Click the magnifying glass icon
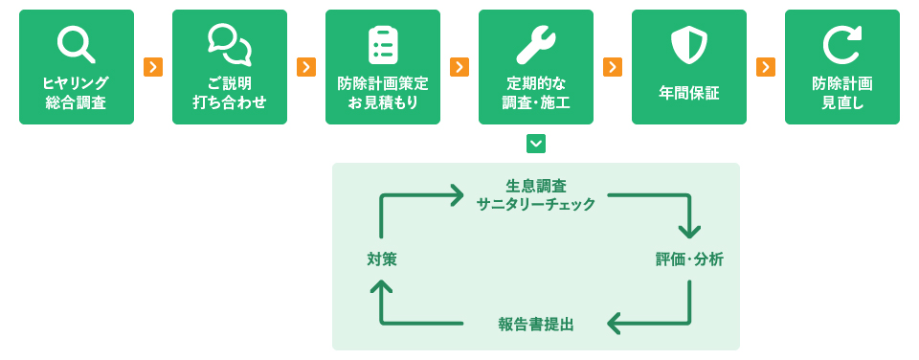pyautogui.click(x=76, y=44)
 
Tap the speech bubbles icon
pyautogui.click(x=229, y=44)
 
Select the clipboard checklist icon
pyautogui.click(x=383, y=44)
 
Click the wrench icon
pyautogui.click(x=535, y=44)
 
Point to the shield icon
pyautogui.click(x=688, y=44)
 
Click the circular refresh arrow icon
pyautogui.click(x=841, y=44)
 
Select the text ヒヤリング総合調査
pyautogui.click(x=76, y=93)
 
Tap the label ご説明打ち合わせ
pyautogui.click(x=229, y=93)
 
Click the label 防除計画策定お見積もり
pyautogui.click(x=383, y=93)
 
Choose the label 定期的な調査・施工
pyautogui.click(x=535, y=93)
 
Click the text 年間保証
pyautogui.click(x=688, y=93)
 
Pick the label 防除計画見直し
pyautogui.click(x=841, y=93)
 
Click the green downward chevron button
pyautogui.click(x=536, y=144)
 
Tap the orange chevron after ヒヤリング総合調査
pyautogui.click(x=153, y=67)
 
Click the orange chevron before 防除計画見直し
pyautogui.click(x=766, y=67)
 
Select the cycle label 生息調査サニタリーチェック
pyautogui.click(x=536, y=194)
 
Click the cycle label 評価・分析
pyautogui.click(x=689, y=259)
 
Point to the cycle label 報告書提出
pyautogui.click(x=536, y=324)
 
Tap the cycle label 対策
pyautogui.click(x=381, y=259)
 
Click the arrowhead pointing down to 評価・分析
pyautogui.click(x=689, y=231)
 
